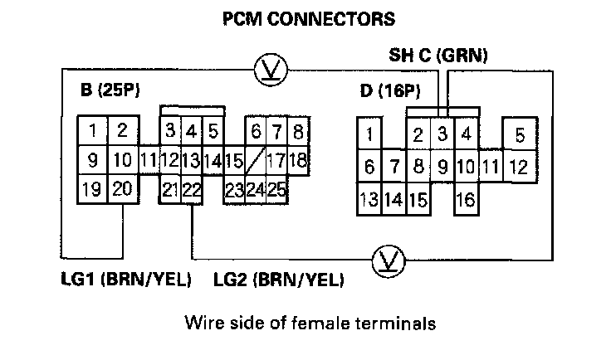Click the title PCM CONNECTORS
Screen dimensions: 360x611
tap(307, 17)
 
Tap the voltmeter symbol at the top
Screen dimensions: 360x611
tap(268, 69)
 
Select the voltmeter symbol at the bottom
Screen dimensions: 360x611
tap(387, 260)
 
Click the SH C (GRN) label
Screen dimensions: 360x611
tap(438, 56)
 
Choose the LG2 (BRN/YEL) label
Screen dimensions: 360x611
tap(279, 279)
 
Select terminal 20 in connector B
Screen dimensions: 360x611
tap(122, 189)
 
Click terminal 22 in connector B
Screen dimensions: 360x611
tap(193, 190)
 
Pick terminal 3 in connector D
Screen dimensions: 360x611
tap(442, 133)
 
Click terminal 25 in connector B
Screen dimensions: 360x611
tap(277, 190)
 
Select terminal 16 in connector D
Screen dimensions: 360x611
tap(466, 200)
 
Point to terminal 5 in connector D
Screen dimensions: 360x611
tap(519, 134)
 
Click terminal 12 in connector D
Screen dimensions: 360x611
tap(518, 167)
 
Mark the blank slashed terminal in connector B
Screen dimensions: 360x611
tap(256, 158)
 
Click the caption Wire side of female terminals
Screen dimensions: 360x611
tap(310, 321)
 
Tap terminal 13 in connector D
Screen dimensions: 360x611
tap(369, 200)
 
